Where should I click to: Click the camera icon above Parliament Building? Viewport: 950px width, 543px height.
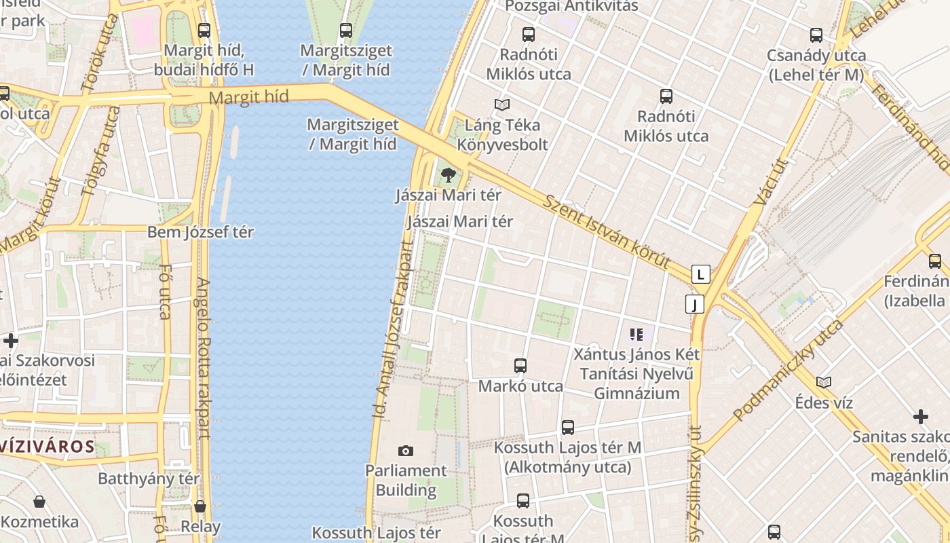(406, 451)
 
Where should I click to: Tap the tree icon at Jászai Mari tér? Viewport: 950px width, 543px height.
(448, 175)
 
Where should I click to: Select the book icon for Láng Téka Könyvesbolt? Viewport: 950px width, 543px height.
(502, 105)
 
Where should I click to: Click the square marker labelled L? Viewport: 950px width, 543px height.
(701, 274)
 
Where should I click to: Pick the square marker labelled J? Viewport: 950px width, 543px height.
(694, 304)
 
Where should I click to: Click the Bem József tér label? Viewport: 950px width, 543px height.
(200, 232)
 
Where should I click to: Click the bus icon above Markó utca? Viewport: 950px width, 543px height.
(520, 366)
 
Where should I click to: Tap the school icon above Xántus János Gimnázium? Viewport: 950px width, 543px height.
(636, 334)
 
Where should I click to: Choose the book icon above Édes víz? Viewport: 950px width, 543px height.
(824, 382)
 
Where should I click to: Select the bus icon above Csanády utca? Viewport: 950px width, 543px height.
(816, 35)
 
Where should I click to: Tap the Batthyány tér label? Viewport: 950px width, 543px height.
(149, 479)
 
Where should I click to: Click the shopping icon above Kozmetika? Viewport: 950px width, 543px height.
(39, 502)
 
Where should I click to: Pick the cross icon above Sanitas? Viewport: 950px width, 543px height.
(921, 416)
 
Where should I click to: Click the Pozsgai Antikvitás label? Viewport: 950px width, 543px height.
(572, 6)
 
